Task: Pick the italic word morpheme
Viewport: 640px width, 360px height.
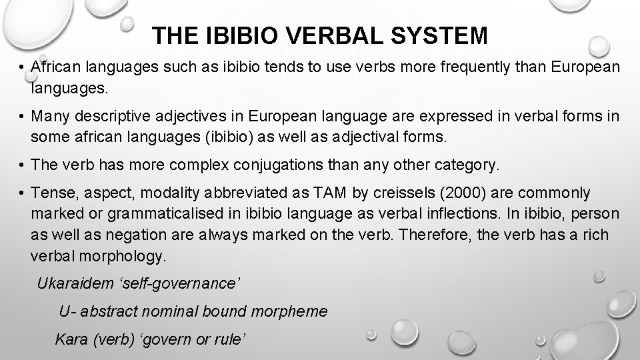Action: point(293,311)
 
